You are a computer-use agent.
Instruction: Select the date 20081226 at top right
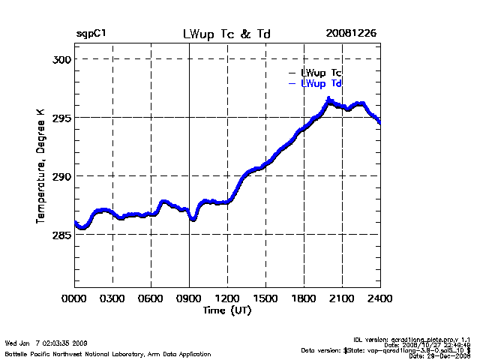coord(351,34)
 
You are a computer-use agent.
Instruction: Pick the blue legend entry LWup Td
coord(321,83)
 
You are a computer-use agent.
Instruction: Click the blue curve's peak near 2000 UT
coord(328,100)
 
